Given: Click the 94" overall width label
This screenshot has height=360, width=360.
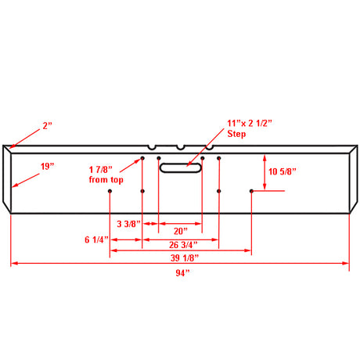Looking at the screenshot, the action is click(x=182, y=273).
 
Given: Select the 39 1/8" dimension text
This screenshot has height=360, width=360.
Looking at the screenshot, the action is click(x=185, y=258).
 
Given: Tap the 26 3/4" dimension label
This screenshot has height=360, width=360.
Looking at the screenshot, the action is click(x=183, y=245).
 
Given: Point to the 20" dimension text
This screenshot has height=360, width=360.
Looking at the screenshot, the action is click(x=181, y=231).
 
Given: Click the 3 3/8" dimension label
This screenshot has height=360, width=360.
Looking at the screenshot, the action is click(x=128, y=224).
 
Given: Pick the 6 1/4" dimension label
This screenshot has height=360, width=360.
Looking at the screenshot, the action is click(x=96, y=239).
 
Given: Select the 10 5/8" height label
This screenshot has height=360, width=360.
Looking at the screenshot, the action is click(x=283, y=171).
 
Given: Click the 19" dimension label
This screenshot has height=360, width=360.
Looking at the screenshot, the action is click(x=47, y=166).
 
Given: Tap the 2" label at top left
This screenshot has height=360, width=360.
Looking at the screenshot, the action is click(x=48, y=126).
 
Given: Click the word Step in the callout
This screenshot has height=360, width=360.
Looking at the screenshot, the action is click(x=236, y=134).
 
